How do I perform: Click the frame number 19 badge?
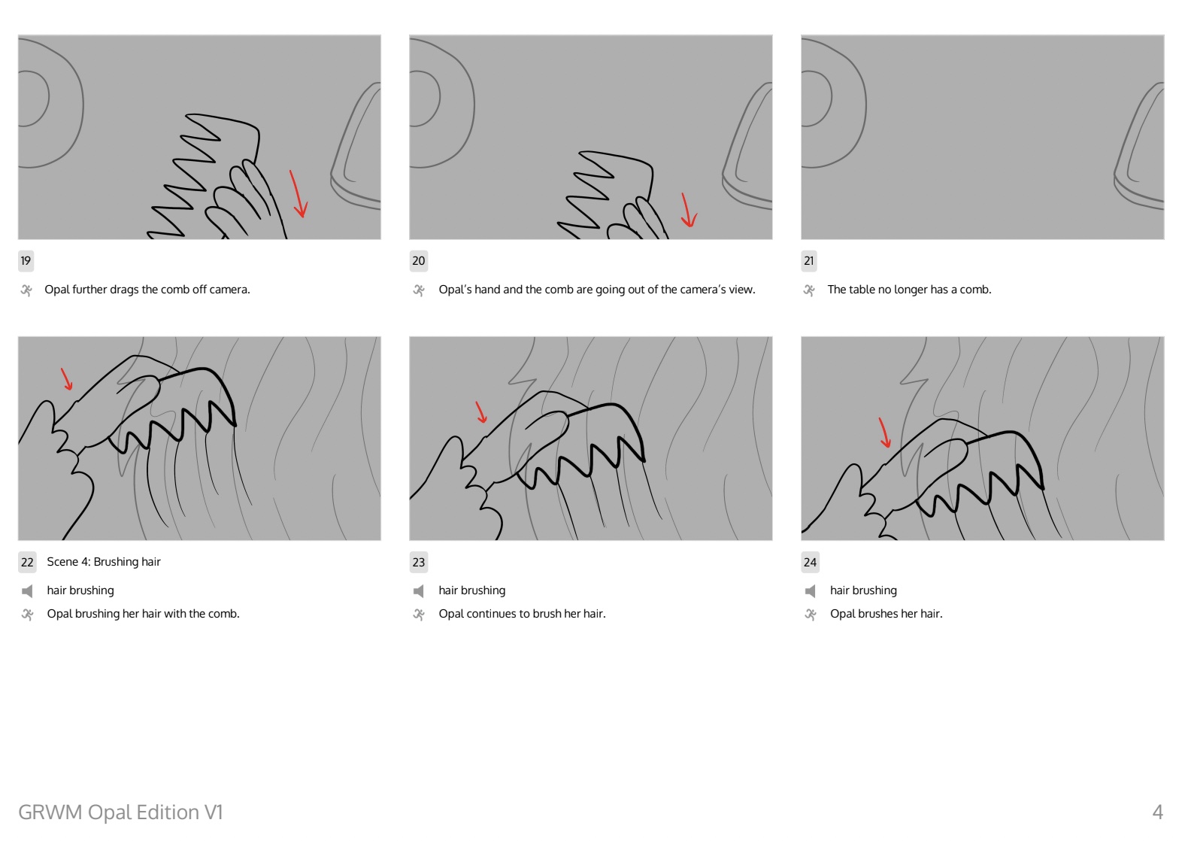pos(26,261)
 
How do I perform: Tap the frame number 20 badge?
pos(419,261)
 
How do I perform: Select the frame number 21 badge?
pos(809,261)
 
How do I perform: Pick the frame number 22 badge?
pos(27,563)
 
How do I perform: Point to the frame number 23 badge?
pos(419,563)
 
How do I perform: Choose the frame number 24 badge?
pos(810,563)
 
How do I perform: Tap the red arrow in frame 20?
pos(688,210)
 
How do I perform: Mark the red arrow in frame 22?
pos(67,379)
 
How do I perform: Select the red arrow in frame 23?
pos(481,412)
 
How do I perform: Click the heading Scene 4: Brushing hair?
pos(104,561)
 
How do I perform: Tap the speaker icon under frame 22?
pos(27,591)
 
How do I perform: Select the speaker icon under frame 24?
pos(810,591)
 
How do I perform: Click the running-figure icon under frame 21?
pos(809,290)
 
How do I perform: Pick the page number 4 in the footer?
pos(1158,812)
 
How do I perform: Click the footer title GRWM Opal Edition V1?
pos(120,812)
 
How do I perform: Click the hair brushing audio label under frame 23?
pos(472,591)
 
